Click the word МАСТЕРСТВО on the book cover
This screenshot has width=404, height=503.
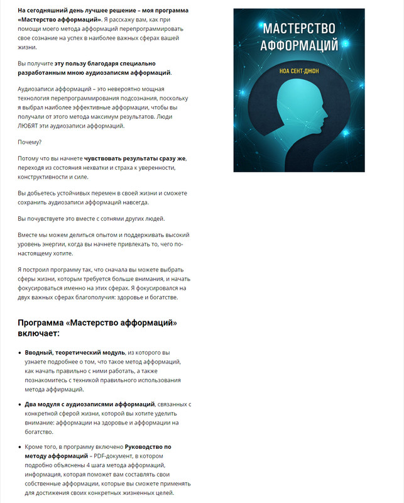point(298,28)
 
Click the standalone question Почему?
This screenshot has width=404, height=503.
point(28,141)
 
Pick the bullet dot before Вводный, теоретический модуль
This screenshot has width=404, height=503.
point(19,353)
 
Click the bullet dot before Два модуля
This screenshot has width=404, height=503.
point(19,404)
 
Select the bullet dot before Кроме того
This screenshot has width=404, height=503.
point(19,447)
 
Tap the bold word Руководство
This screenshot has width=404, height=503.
point(148,447)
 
